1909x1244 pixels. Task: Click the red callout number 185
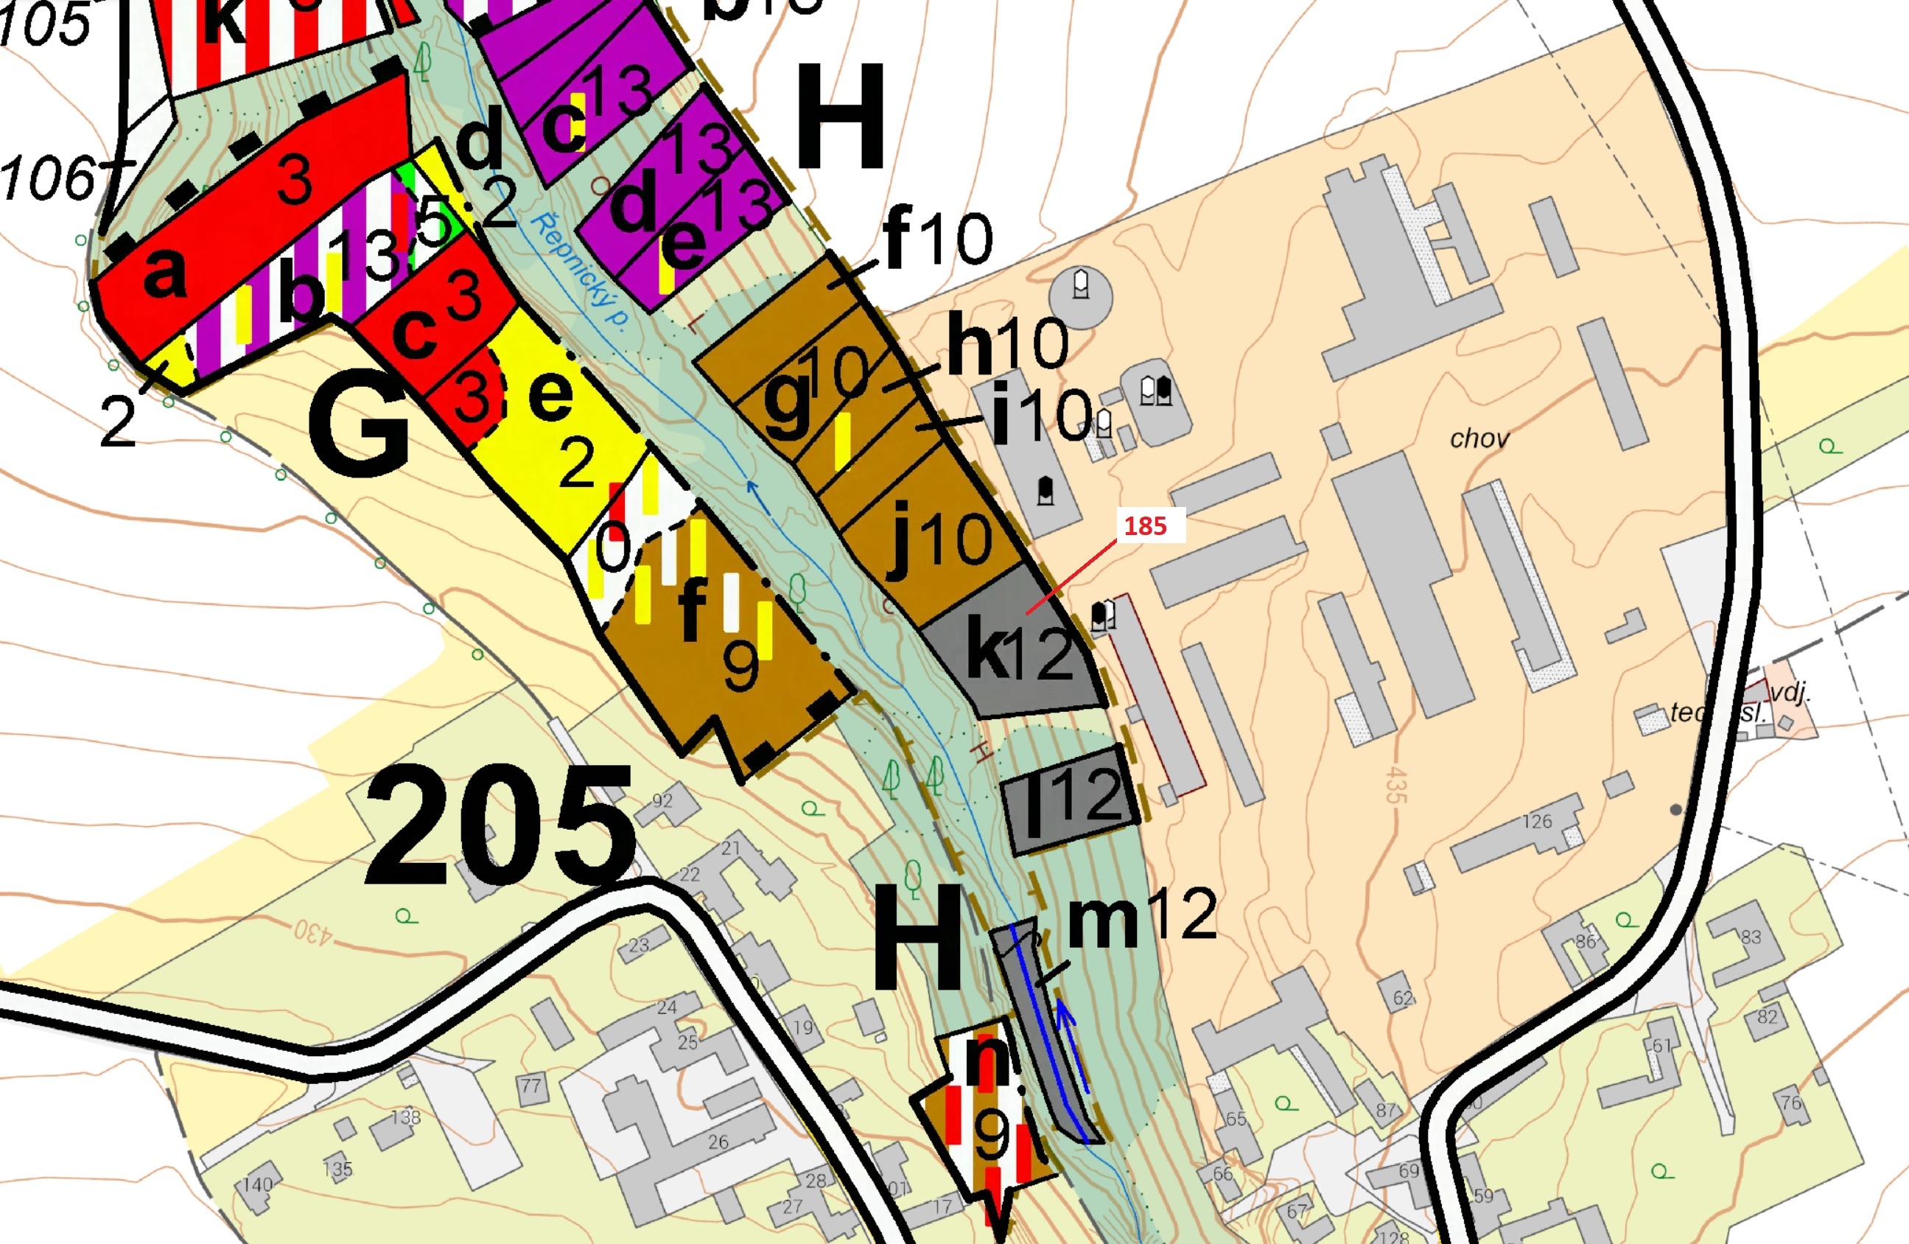tap(1145, 526)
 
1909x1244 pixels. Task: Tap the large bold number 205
tap(499, 826)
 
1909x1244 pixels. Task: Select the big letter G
tap(359, 427)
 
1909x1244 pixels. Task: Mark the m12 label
tap(1142, 916)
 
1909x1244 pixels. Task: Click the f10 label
tap(937, 237)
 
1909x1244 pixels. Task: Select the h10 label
tap(1007, 343)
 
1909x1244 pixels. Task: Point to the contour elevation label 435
tap(1396, 784)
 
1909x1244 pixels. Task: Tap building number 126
tap(1537, 821)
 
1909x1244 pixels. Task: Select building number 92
tap(662, 800)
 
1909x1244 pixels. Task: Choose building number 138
tap(405, 1117)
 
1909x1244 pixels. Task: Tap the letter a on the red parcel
tap(164, 273)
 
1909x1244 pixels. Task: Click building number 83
tap(1751, 937)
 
